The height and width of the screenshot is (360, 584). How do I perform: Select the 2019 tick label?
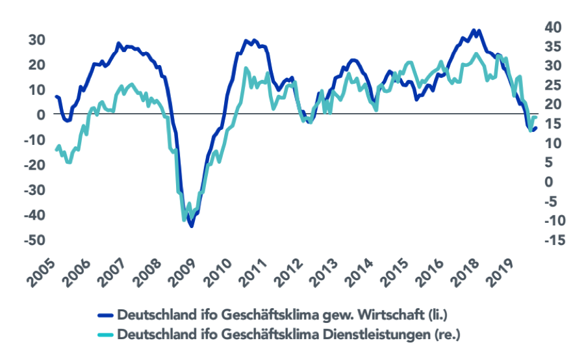coord(507,272)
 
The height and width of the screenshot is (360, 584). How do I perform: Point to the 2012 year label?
coord(292,272)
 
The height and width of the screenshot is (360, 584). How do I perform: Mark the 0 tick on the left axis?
coord(40,114)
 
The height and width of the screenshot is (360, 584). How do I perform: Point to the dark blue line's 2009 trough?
coord(191,225)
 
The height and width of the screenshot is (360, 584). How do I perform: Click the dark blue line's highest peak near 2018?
coord(477,30)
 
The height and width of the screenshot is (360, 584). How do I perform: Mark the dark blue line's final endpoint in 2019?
coord(536,128)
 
